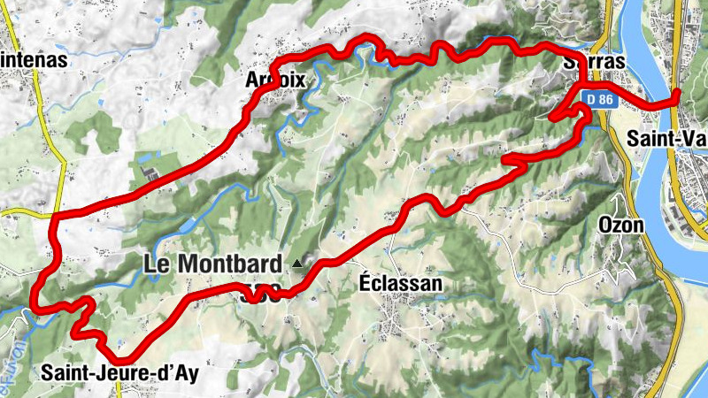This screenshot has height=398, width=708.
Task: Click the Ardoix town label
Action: (276, 80)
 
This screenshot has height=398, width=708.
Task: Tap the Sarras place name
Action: (595, 62)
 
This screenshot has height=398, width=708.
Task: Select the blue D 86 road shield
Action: (599, 100)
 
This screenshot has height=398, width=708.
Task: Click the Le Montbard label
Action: (214, 263)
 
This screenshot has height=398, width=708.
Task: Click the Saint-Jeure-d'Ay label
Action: (119, 372)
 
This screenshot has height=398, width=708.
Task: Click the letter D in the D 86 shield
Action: (588, 100)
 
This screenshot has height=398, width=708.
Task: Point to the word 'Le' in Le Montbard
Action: (156, 263)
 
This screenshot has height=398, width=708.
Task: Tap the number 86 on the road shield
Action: (604, 100)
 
